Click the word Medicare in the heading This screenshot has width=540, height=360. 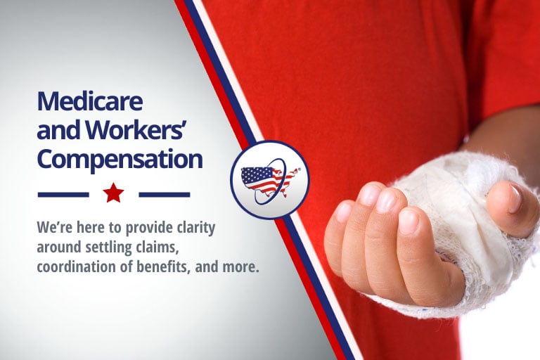89,102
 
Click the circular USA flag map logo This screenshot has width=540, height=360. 269,180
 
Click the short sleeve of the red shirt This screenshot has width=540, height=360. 502,70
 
